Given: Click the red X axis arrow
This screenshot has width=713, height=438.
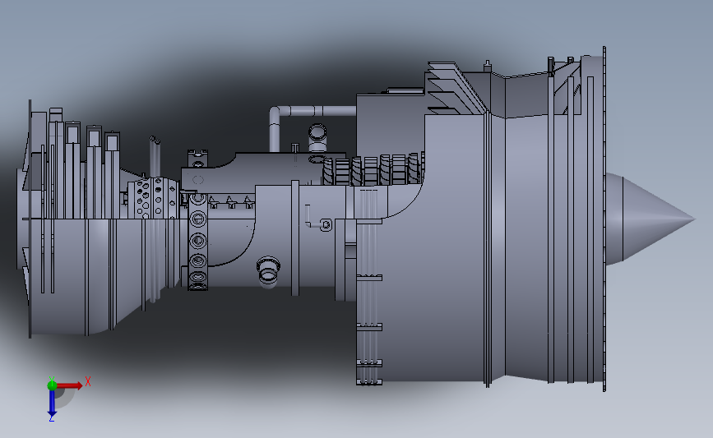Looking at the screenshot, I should tap(70, 384).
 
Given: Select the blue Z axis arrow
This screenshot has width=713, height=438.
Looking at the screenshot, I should tap(51, 402).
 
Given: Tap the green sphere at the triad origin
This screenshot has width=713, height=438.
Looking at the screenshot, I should tap(52, 384).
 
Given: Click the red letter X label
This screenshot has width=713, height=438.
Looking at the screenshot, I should tap(87, 380).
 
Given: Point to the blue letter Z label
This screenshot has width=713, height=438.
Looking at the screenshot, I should tap(51, 418).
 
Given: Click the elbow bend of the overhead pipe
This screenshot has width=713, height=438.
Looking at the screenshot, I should tap(275, 112).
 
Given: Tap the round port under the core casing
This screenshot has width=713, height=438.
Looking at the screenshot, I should tap(267, 270).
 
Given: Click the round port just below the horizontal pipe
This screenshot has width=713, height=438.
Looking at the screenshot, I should tap(317, 131).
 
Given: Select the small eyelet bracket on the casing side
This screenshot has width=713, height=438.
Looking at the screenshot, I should tap(326, 224).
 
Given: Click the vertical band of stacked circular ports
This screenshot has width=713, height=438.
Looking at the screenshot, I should tap(197, 242).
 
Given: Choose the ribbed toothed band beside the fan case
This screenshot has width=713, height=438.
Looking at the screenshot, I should tap(374, 171).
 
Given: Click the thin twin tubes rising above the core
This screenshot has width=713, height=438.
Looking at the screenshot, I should tap(154, 152).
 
